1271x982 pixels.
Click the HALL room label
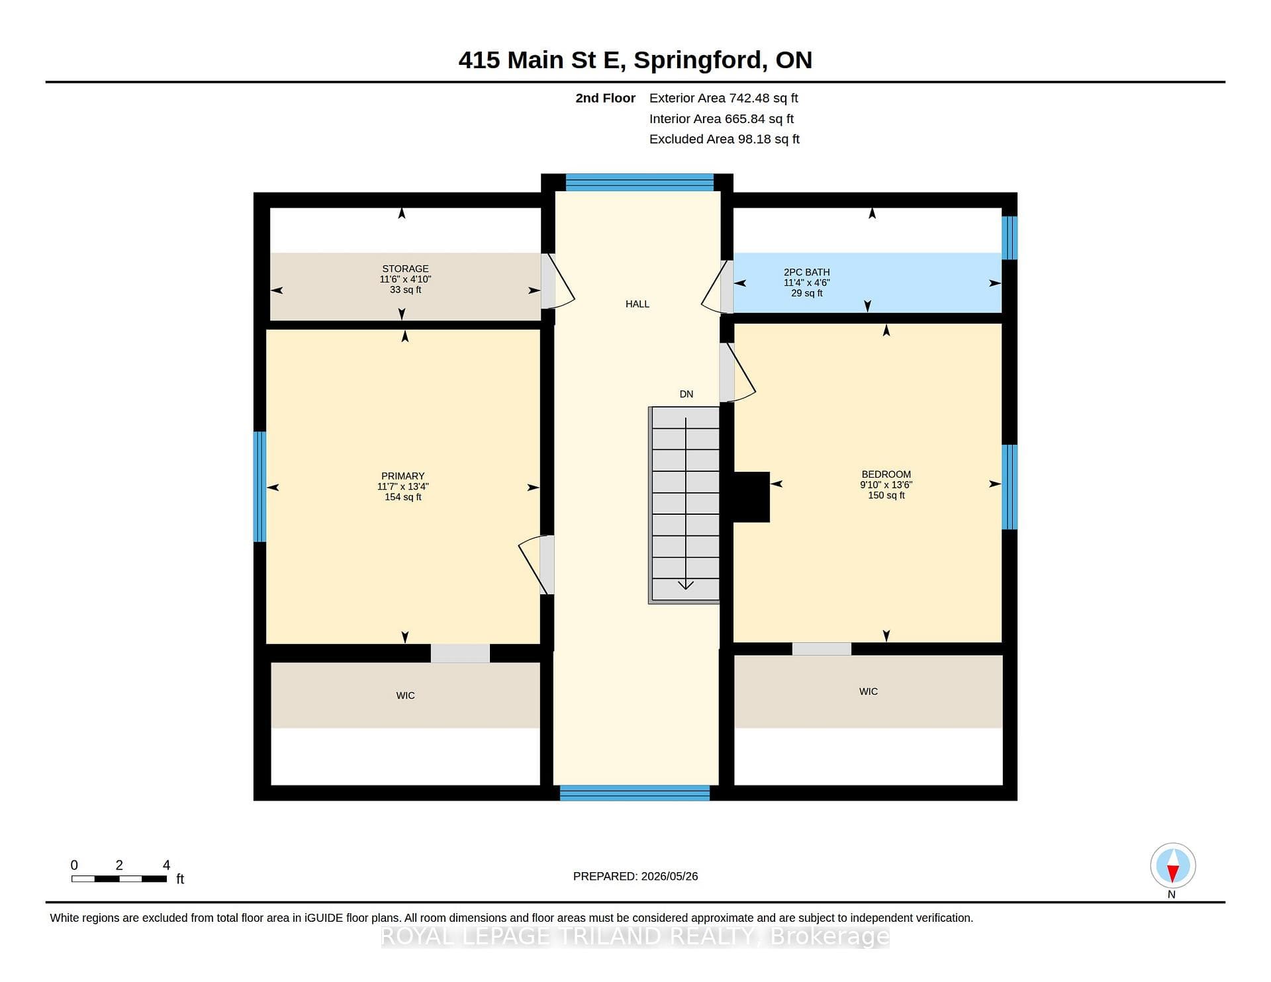(637, 304)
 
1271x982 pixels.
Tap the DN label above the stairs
(686, 394)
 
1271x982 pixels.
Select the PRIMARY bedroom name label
(402, 476)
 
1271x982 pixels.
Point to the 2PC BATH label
(806, 272)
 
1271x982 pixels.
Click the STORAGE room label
(405, 269)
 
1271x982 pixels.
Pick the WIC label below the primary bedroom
(405, 695)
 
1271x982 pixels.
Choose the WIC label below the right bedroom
(869, 692)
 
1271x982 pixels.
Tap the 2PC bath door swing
(714, 286)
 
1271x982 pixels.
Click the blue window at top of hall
(639, 182)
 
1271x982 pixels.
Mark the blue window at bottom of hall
(635, 793)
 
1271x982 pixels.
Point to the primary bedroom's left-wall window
(260, 487)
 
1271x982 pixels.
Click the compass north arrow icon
(1173, 866)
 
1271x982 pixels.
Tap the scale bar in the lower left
(119, 879)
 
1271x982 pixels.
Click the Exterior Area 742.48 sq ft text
(724, 98)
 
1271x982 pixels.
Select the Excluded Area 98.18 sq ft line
(724, 139)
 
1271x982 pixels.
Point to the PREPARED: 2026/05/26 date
(635, 876)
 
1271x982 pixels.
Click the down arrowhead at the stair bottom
(686, 585)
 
